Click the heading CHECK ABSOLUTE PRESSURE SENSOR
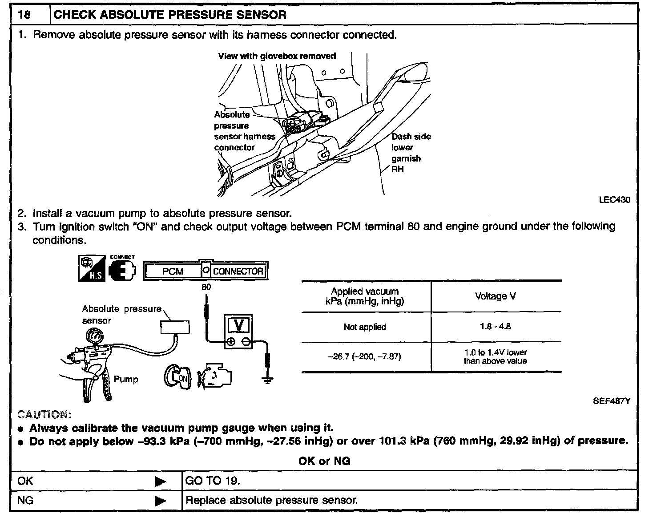(169, 15)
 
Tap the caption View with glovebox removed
(277, 56)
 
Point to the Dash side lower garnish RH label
(410, 153)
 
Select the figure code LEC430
(614, 200)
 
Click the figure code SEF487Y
(611, 401)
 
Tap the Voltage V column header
(495, 296)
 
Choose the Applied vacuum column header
(365, 296)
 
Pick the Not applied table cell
(365, 327)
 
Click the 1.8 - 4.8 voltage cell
(495, 327)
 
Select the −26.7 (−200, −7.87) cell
(365, 357)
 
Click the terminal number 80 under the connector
(206, 287)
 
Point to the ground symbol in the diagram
(267, 379)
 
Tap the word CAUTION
(44, 415)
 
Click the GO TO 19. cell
(213, 481)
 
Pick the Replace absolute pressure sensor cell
(271, 501)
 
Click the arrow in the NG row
(160, 502)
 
